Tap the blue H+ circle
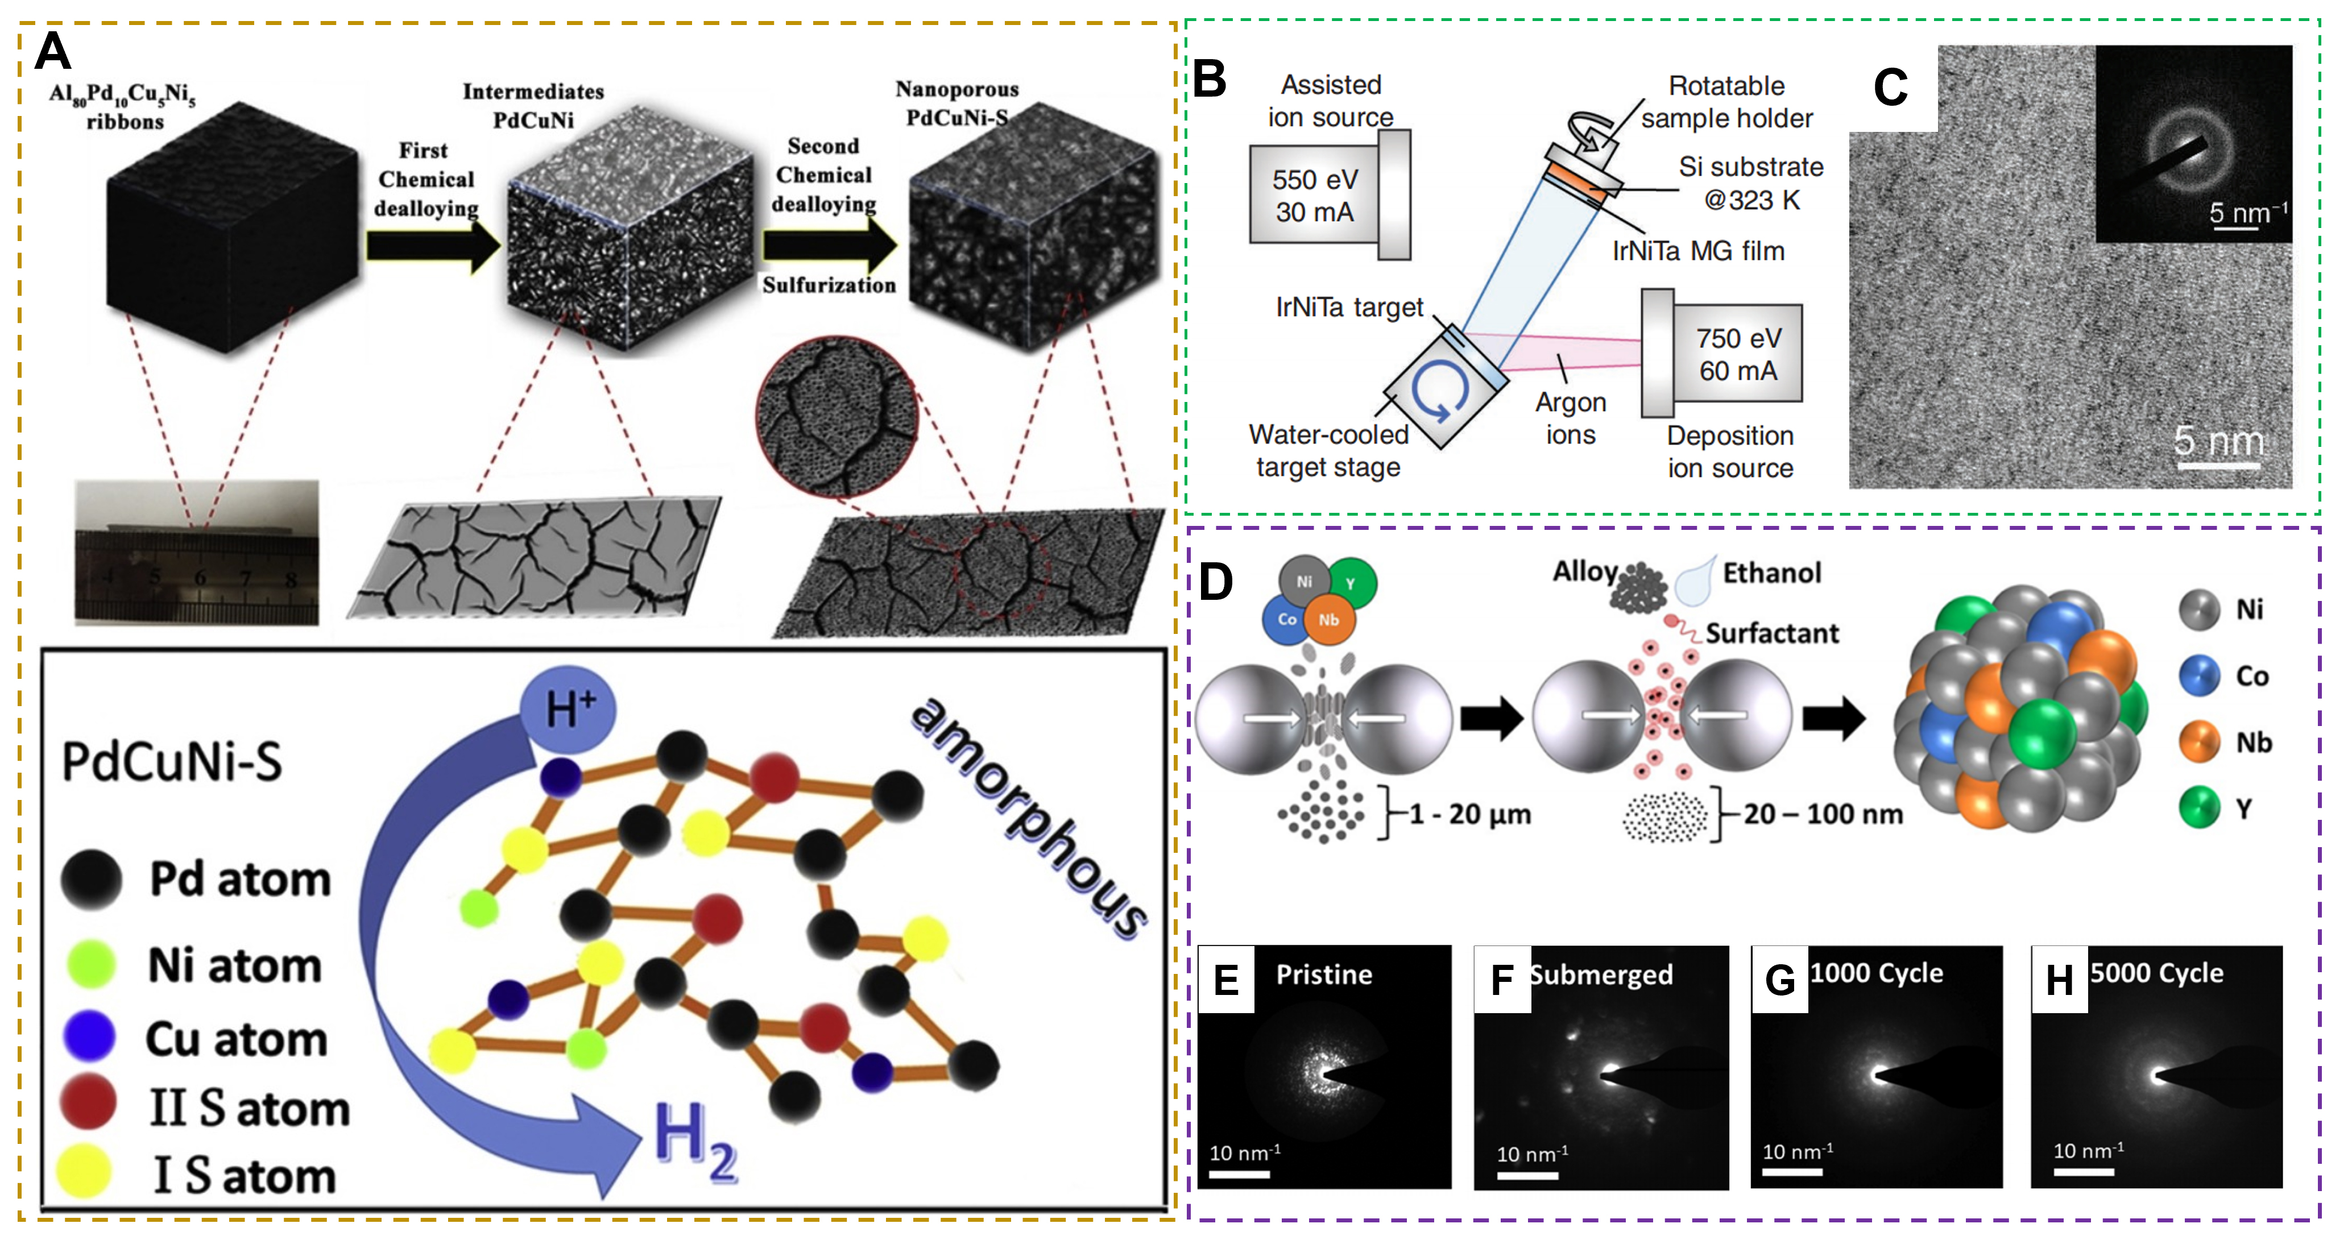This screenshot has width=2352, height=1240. pos(567,710)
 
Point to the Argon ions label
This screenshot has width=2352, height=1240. pos(1571,418)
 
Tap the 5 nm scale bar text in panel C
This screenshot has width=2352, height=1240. pos(2219,441)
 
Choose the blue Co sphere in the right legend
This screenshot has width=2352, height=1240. pos(2200,675)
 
